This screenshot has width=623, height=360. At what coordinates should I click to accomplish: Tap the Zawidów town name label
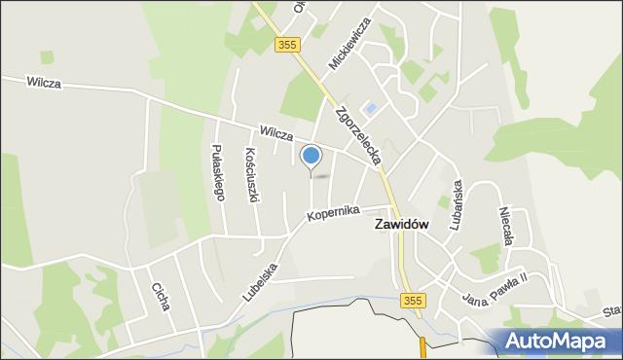[402, 224]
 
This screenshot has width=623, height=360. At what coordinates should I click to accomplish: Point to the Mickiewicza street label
[350, 44]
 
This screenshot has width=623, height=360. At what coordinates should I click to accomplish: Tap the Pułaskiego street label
[218, 172]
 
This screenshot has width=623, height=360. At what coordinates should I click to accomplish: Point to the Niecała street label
[504, 228]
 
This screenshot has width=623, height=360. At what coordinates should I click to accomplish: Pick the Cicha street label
[160, 296]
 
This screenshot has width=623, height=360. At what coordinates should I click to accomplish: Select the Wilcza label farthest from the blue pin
[45, 84]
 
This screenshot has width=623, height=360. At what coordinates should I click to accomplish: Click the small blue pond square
[370, 107]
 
